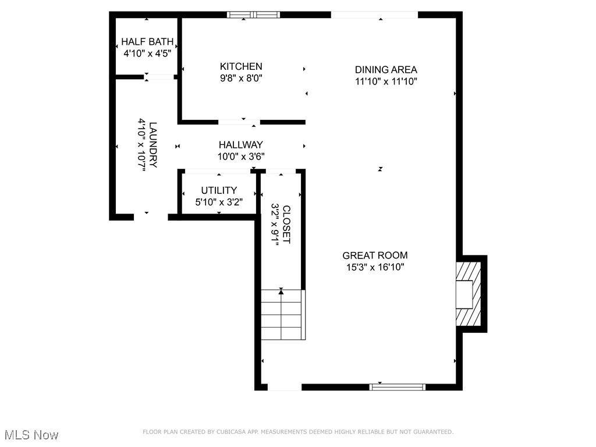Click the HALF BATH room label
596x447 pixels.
pos(147,41)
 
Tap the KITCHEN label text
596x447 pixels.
pos(241,66)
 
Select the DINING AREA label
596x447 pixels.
pos(386,70)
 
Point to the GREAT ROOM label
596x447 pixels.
pos(375,255)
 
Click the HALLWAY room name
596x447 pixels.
pos(241,145)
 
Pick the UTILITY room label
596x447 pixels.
pos(219,190)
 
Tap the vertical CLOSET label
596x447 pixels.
pos(286,224)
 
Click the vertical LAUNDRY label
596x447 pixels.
pos(153,144)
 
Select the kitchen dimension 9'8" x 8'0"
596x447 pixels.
pos(241,79)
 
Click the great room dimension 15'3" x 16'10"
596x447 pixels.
pos(375,267)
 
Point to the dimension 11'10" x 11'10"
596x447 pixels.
pos(386,81)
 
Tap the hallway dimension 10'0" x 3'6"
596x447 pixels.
pos(241,156)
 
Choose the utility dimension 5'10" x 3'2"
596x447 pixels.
pos(219,202)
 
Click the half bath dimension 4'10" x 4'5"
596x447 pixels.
pos(147,53)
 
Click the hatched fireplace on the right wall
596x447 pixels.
pos(469,293)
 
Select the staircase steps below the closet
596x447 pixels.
pos(283,314)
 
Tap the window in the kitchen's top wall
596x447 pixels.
pos(254,15)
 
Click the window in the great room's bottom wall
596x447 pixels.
pos(397,387)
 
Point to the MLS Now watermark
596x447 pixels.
pos(31,435)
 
